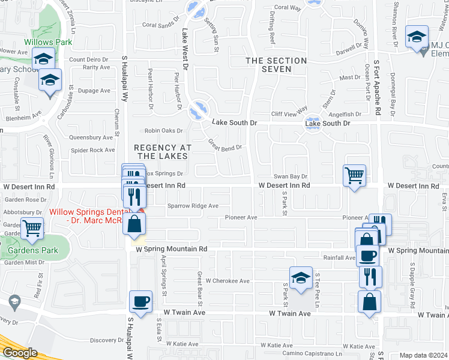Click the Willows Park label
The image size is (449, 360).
pos(48,42)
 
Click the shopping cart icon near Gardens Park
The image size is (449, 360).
pos(31,228)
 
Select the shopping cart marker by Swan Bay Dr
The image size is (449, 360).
pos(354,176)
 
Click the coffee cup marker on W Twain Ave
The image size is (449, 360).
pos(140,301)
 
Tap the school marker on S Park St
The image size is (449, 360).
pos(301,277)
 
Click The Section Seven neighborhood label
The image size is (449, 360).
pos(276,65)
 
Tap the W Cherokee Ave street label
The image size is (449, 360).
pos(228,280)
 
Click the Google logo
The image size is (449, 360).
pos(20,352)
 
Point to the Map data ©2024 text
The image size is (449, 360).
pos(423,355)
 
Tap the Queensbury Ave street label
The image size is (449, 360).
pos(91,137)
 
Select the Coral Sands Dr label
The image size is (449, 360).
pos(161,25)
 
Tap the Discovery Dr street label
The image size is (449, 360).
pos(107,340)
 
